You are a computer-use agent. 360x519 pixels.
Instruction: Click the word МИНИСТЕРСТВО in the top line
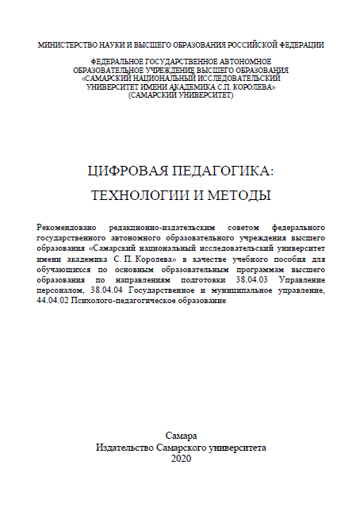(65, 44)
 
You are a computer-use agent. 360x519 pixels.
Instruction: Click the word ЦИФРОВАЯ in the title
(123, 170)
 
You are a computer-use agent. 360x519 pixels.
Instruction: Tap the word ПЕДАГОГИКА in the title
(216, 170)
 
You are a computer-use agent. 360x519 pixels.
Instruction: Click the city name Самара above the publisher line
(181, 436)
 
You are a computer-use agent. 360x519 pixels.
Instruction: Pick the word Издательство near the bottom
(126, 447)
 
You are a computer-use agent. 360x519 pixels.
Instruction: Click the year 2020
(181, 459)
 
